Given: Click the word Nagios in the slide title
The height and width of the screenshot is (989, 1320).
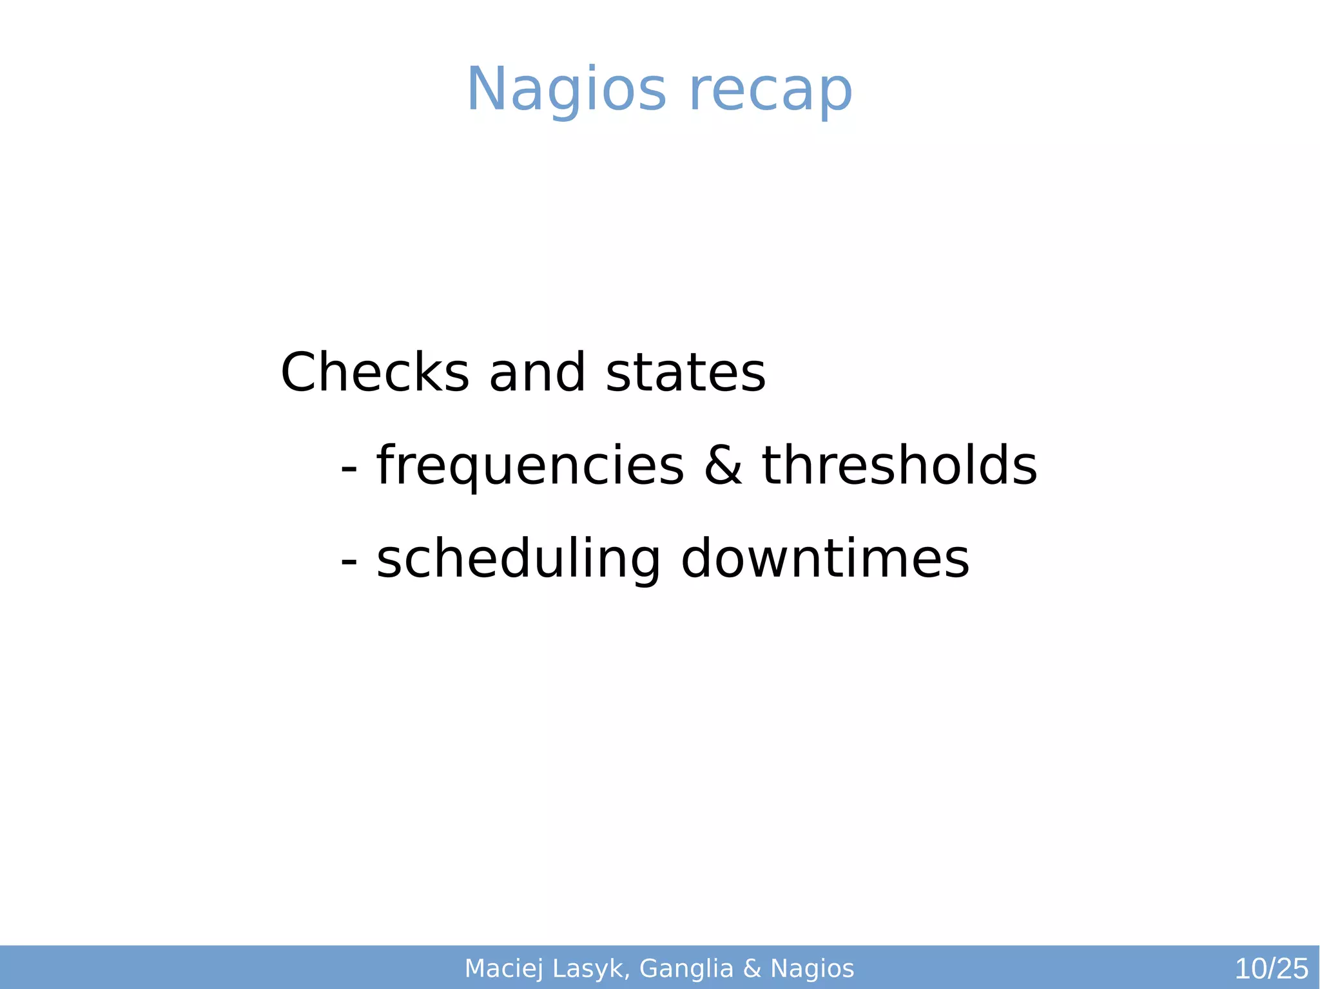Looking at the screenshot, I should (566, 90).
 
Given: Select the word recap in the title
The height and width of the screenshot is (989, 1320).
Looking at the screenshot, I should (771, 90).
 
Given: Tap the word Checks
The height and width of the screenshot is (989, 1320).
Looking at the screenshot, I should (375, 372).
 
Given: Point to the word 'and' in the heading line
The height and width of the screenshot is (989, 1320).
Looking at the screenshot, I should (538, 372).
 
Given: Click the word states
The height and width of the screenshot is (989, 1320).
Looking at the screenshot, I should (686, 372).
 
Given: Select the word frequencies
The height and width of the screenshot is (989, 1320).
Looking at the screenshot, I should (530, 466).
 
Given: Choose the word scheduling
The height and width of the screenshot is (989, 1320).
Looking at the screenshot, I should (518, 559).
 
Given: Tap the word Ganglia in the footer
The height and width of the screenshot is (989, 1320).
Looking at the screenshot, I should (686, 969).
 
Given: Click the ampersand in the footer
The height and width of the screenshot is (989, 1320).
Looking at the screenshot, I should (752, 968).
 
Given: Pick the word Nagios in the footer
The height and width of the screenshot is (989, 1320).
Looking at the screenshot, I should (812, 968).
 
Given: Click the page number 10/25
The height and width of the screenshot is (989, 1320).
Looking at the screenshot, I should (1271, 969).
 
